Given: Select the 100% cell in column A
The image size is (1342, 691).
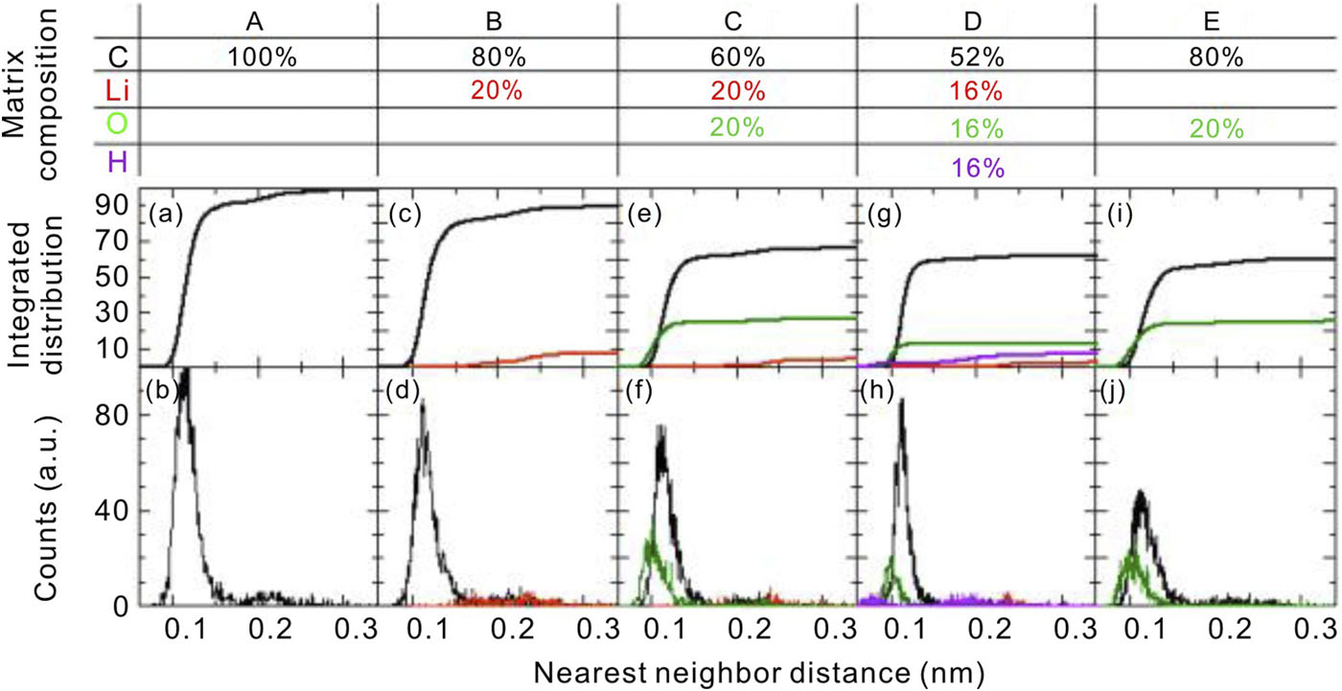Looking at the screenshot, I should [x=261, y=58].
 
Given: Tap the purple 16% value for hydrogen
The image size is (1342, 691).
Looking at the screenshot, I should [x=979, y=168].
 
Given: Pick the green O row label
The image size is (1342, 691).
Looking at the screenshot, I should [x=117, y=127].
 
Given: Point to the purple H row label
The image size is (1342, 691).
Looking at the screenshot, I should [x=117, y=163].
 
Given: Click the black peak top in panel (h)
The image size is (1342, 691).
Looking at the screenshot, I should [x=902, y=400].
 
